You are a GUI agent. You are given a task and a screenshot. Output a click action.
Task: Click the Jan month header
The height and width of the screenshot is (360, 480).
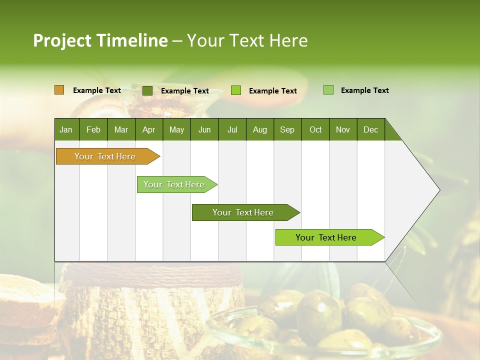tap(66, 129)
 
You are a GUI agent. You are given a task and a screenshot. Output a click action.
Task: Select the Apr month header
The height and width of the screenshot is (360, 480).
tap(148, 129)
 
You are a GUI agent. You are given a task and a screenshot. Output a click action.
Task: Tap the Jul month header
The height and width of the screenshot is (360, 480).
tap(232, 129)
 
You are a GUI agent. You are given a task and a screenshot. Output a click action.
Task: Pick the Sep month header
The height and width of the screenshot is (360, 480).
tap(287, 129)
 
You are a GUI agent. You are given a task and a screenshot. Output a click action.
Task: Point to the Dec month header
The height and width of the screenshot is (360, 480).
tap(370, 129)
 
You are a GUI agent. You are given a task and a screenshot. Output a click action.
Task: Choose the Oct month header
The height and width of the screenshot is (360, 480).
tap(315, 129)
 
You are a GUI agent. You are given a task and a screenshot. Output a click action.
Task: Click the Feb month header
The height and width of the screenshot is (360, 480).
tap(93, 129)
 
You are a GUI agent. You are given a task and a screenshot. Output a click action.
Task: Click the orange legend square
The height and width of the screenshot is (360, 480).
tap(59, 90)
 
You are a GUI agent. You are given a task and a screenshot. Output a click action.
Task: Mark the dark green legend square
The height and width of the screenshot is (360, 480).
tap(147, 90)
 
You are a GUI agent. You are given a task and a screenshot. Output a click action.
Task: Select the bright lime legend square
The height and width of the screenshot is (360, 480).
tap(236, 90)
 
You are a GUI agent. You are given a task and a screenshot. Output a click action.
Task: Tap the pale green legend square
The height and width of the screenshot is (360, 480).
tap(328, 90)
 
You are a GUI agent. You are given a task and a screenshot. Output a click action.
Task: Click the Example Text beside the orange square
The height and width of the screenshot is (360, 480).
tap(97, 90)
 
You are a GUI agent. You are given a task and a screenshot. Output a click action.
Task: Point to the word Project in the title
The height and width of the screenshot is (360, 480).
tap(62, 40)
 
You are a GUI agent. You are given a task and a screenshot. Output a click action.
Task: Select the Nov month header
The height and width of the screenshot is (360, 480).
tap(343, 129)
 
